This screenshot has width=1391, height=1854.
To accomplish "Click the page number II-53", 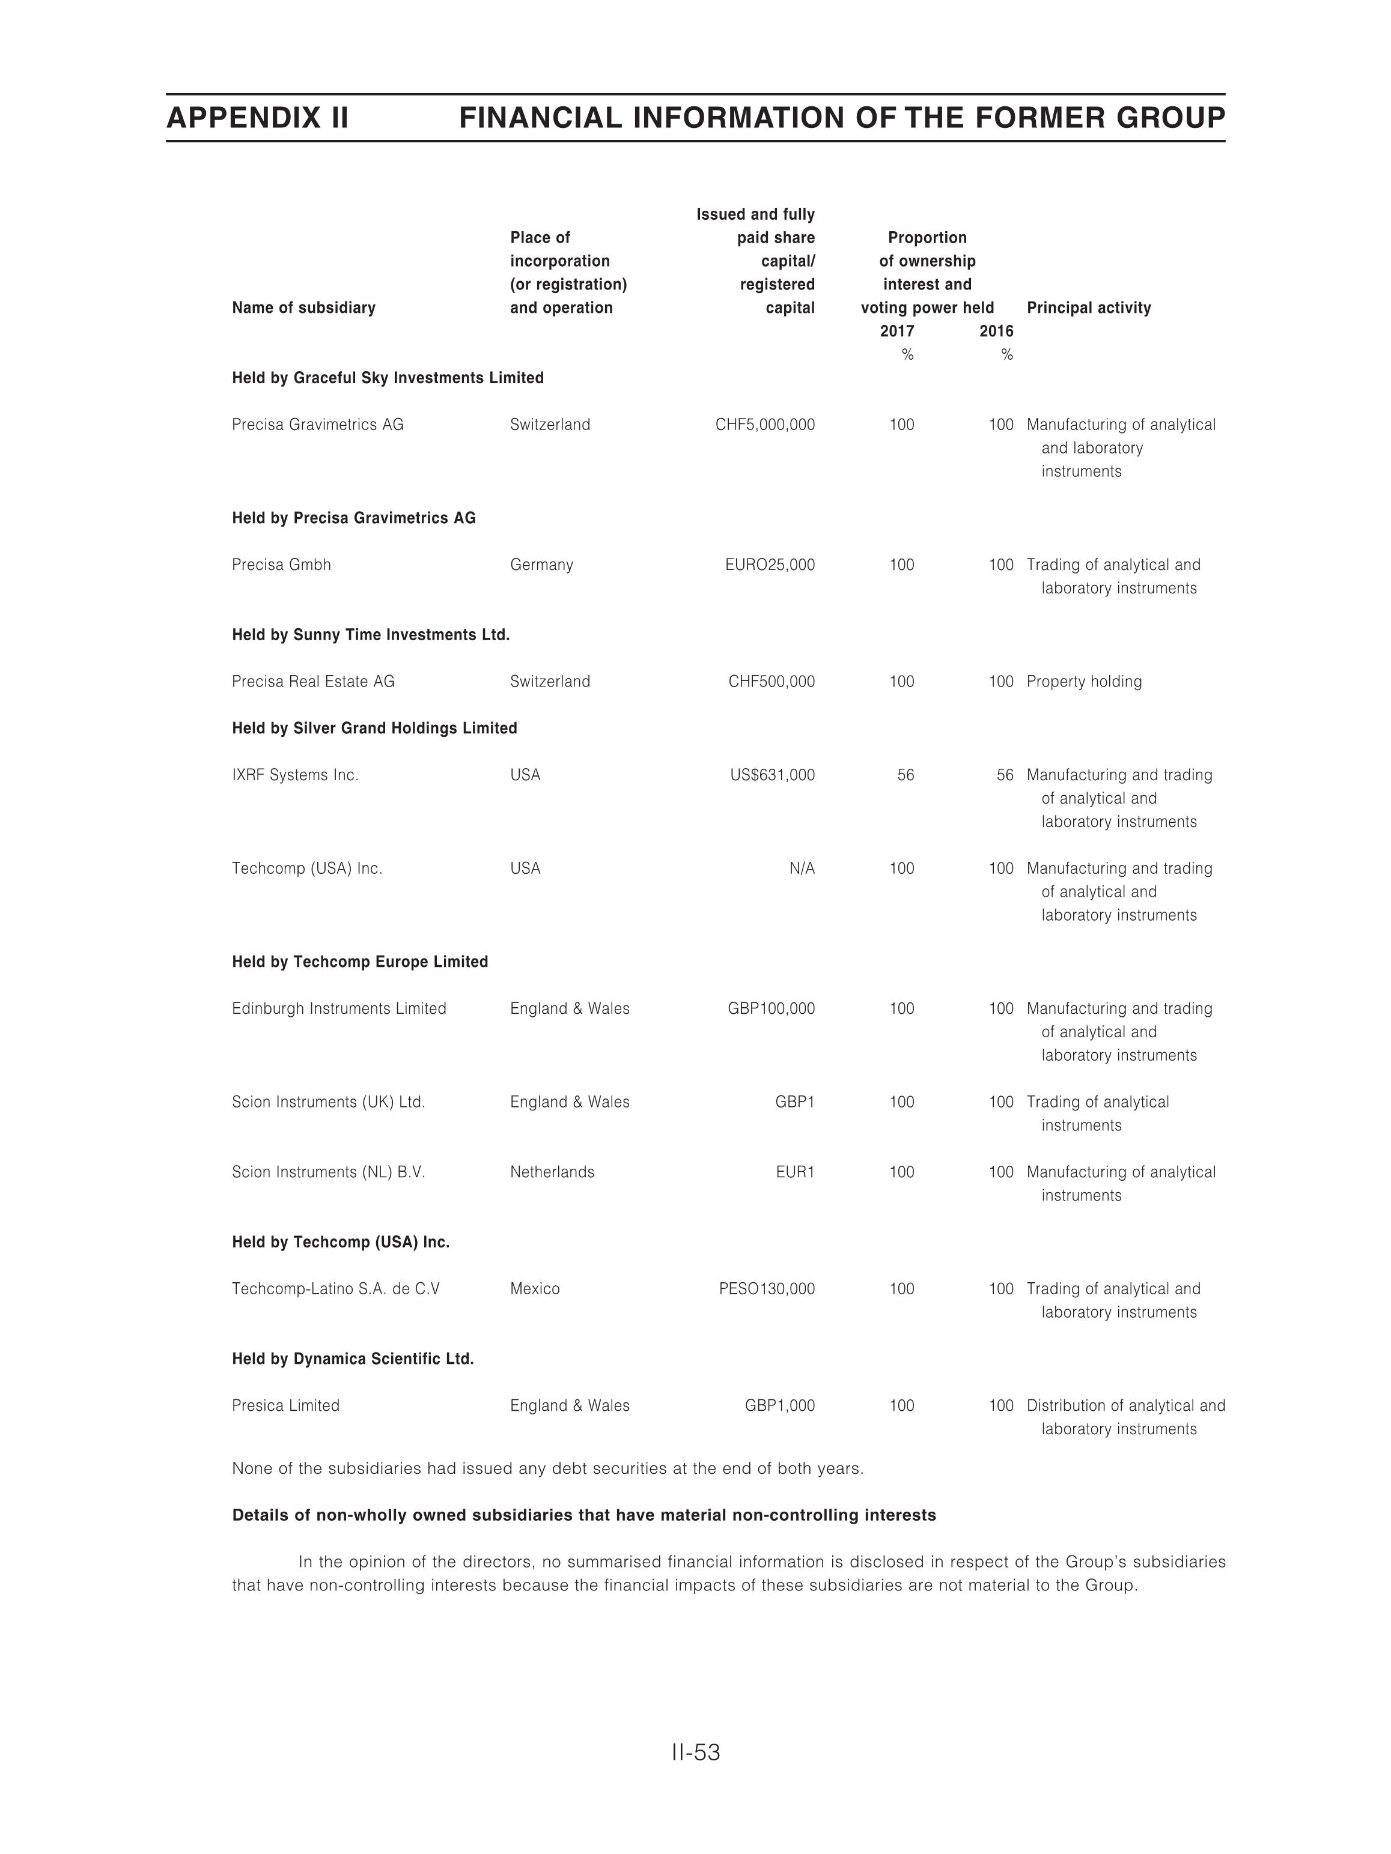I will pos(695,1752).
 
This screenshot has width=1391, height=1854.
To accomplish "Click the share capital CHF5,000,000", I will pos(765,425).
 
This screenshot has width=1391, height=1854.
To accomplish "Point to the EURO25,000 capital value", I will pos(770,565).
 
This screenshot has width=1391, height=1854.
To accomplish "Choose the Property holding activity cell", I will pos(1084,682).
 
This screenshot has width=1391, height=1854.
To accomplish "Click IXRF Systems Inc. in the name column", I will pos(295,775).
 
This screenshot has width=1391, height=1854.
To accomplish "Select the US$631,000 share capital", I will pos(772,775).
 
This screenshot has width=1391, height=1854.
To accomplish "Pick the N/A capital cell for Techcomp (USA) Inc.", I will pos(802,868).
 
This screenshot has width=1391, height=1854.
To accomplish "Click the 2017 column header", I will pos(897,331).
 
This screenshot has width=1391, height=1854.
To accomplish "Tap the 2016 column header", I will pos(996,331).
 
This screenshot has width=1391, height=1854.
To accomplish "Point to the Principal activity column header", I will pos(1088,307).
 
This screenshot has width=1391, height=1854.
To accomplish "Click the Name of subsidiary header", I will pos(303,307).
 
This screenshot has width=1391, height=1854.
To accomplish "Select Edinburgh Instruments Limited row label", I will pos(339,1008).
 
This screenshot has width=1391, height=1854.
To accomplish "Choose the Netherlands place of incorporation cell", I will pos(552,1172).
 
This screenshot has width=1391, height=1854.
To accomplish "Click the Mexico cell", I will pos(535,1288).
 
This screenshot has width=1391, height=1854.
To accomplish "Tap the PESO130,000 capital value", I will pos(766,1288).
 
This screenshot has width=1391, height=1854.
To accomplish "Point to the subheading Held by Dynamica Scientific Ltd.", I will pos(353,1359).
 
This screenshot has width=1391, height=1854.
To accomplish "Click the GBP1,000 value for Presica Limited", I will pos(780,1405).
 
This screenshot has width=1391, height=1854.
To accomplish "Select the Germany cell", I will pos(541,565).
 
